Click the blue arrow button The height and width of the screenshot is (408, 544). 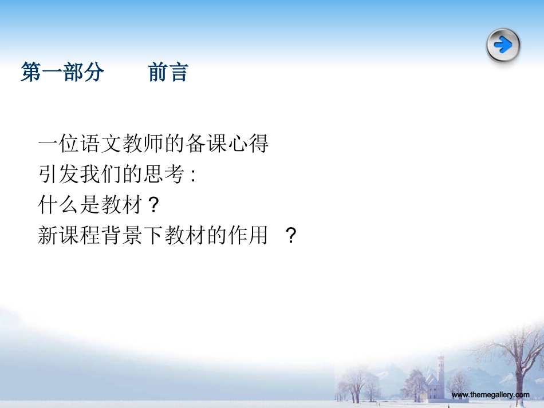click(503, 45)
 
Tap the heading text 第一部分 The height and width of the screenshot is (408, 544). click(62, 73)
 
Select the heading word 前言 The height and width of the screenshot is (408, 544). click(168, 73)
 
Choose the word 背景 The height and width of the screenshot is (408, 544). click(122, 235)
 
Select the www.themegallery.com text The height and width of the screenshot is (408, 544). click(491, 395)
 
